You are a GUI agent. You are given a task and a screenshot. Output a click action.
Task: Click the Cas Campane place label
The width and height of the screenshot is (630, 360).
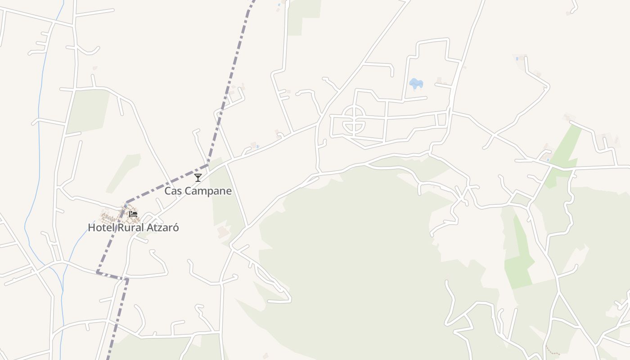pyautogui.click(x=198, y=191)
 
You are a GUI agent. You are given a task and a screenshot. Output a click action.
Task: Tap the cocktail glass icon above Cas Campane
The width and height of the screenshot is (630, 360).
pyautogui.click(x=198, y=177)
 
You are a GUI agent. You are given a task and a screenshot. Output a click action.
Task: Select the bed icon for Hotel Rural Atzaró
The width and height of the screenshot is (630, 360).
pyautogui.click(x=133, y=214)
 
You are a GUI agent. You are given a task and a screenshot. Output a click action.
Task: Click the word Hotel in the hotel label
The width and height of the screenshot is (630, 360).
pyautogui.click(x=101, y=228)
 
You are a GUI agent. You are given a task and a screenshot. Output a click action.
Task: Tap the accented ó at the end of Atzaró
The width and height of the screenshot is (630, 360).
pyautogui.click(x=176, y=228)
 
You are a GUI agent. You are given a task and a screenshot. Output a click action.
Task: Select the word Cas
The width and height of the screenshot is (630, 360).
pyautogui.click(x=173, y=191)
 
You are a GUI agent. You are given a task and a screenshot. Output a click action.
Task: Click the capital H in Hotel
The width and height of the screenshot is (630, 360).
pyautogui.click(x=91, y=228)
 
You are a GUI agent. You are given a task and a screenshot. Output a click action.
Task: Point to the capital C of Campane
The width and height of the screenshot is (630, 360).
pyautogui.click(x=189, y=191)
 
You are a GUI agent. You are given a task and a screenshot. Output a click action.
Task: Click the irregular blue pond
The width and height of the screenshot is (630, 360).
pyautogui.click(x=416, y=84)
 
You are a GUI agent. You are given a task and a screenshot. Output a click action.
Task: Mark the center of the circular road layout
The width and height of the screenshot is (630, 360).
pyautogui.click(x=354, y=120)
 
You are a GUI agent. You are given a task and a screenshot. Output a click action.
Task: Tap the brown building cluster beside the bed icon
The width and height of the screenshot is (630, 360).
pyautogui.click(x=112, y=218)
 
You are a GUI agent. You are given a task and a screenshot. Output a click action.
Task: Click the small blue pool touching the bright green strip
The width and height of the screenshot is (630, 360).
pyautogui.click(x=548, y=159)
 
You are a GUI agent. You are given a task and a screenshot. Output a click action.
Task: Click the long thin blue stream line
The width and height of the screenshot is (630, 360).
pyautogui.click(x=40, y=135)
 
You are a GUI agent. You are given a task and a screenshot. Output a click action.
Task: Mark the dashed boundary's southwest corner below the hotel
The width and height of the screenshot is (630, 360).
pyautogui.click(x=98, y=272)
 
